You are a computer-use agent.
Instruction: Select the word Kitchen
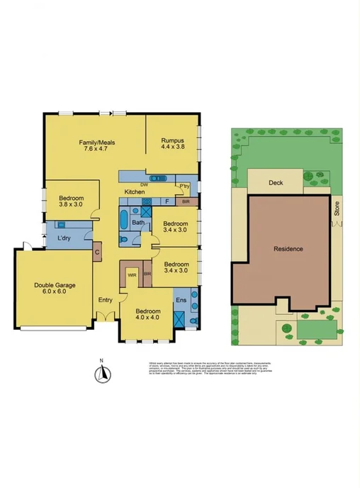pyautogui.click(x=135, y=192)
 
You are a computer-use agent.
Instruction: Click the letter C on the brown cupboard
pyautogui.click(x=96, y=252)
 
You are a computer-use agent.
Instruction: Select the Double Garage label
pyautogui.click(x=54, y=285)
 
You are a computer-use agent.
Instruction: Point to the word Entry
pyautogui.click(x=105, y=300)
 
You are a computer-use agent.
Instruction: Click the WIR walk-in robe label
pyautogui.click(x=132, y=274)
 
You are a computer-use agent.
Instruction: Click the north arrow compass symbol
pyautogui.click(x=102, y=373)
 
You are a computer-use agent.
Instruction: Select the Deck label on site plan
pyautogui.click(x=276, y=182)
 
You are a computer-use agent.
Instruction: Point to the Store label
pyautogui.click(x=337, y=209)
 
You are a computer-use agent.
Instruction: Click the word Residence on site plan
pyautogui.click(x=288, y=249)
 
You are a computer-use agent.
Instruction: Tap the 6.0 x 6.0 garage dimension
pyautogui.click(x=54, y=292)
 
